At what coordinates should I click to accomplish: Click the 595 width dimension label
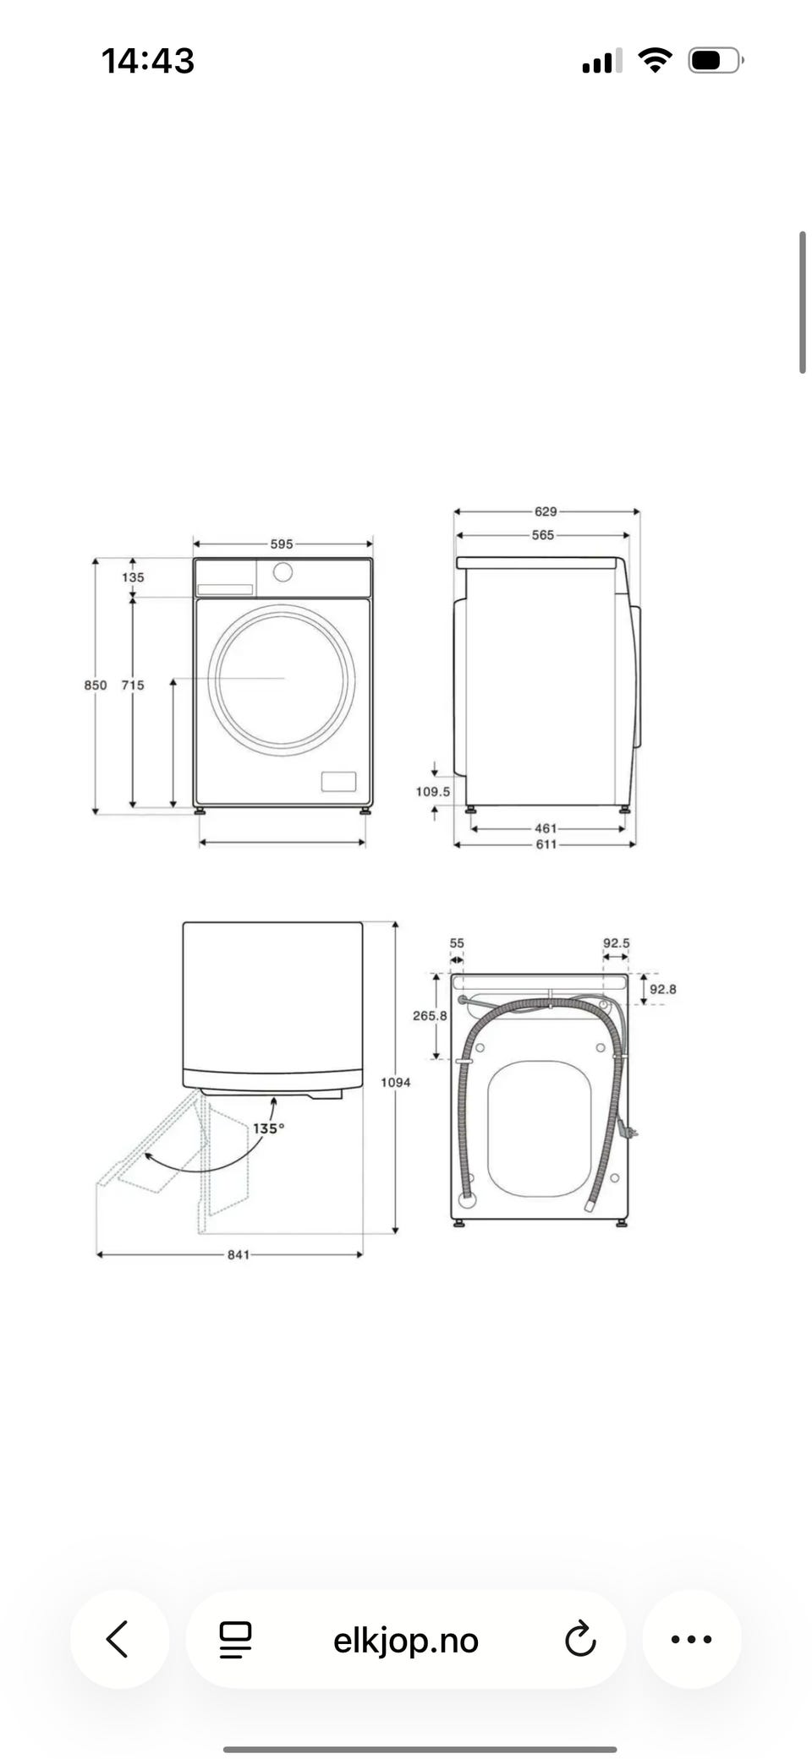(282, 544)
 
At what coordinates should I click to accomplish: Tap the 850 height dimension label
(96, 686)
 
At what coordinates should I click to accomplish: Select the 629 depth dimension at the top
(546, 511)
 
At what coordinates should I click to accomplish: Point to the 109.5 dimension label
(433, 792)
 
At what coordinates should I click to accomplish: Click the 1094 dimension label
(396, 1082)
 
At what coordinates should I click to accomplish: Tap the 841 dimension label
(239, 1255)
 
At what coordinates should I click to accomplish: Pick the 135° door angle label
(269, 1128)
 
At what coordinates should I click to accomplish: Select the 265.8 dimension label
(430, 1016)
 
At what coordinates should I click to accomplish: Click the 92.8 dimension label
(663, 990)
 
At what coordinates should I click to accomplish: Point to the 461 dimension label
(546, 828)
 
